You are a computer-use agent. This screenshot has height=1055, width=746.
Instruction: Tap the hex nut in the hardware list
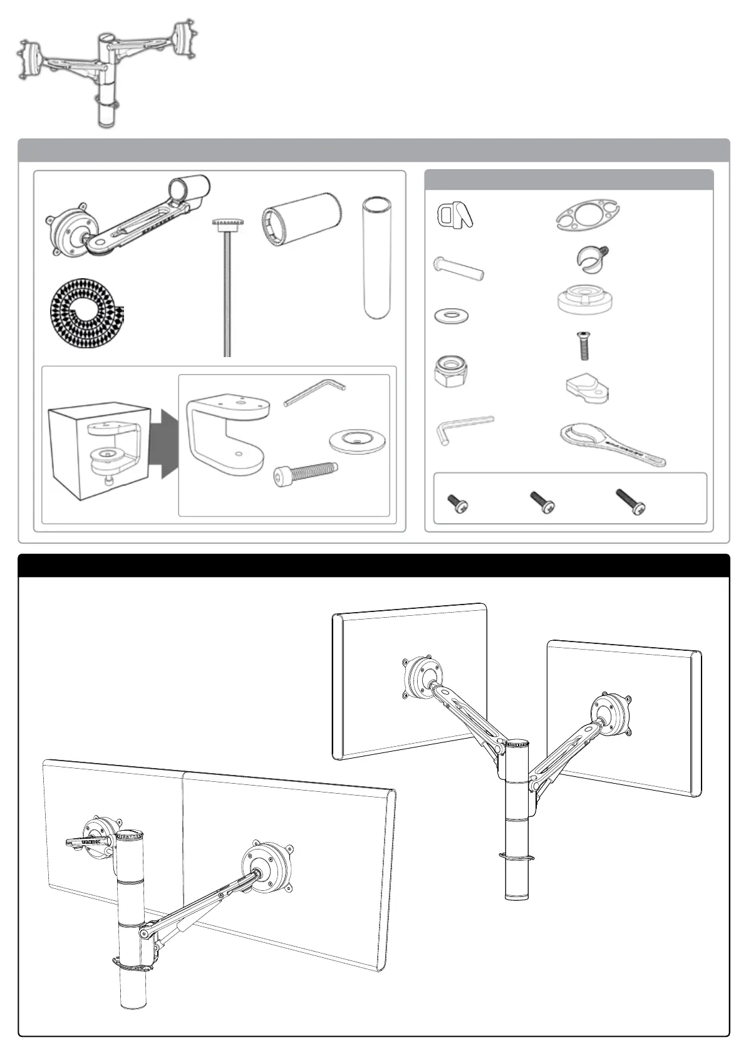[x=450, y=371]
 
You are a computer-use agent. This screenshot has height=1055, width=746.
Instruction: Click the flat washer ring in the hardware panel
[x=451, y=315]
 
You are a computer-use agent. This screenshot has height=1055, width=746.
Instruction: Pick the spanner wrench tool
[x=611, y=445]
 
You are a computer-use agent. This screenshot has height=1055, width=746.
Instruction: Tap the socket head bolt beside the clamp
[x=306, y=474]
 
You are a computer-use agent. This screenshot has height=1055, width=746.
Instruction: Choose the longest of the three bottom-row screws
[x=630, y=502]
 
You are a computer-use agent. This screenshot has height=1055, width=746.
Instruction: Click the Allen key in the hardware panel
[x=464, y=429]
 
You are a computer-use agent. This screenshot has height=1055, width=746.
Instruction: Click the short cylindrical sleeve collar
[x=300, y=219]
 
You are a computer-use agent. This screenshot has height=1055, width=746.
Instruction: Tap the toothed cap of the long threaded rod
[x=227, y=224]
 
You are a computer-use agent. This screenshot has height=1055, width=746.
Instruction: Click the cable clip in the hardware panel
[x=453, y=216]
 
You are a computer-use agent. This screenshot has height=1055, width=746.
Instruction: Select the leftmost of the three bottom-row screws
[x=457, y=504]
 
